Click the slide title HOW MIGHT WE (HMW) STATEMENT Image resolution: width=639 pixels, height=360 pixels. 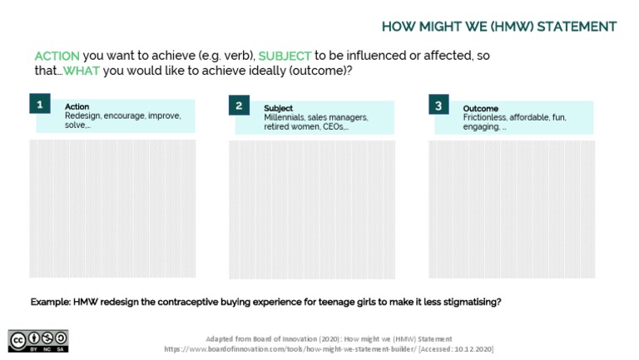point(499,27)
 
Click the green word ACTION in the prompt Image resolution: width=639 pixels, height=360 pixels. point(57,56)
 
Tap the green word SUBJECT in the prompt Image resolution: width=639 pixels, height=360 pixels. point(285,56)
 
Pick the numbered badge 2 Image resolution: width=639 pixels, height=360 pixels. point(239,105)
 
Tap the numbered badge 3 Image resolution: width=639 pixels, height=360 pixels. point(438,105)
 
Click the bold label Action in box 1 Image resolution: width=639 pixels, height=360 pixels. point(77,106)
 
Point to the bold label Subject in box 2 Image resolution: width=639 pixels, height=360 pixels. point(278,108)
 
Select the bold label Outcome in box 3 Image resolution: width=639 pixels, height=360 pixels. point(480,108)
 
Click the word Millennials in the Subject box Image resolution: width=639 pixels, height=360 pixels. point(285,118)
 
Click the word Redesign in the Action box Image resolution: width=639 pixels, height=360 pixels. point(83,116)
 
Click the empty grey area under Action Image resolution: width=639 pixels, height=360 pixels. point(112,208)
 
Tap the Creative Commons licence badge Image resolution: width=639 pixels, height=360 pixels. point(38,340)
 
